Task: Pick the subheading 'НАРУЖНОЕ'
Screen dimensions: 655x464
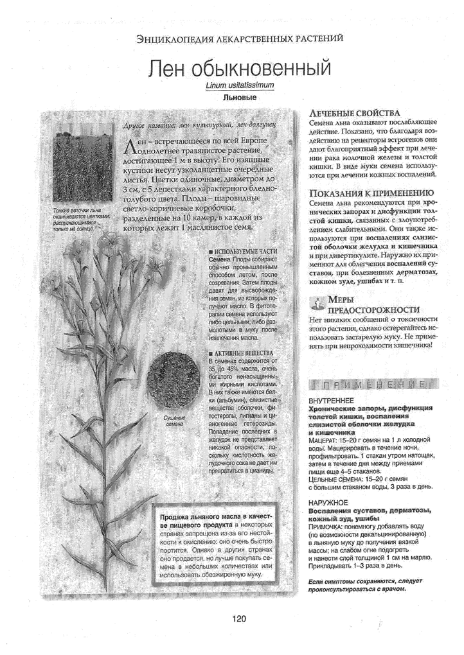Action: point(328,502)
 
